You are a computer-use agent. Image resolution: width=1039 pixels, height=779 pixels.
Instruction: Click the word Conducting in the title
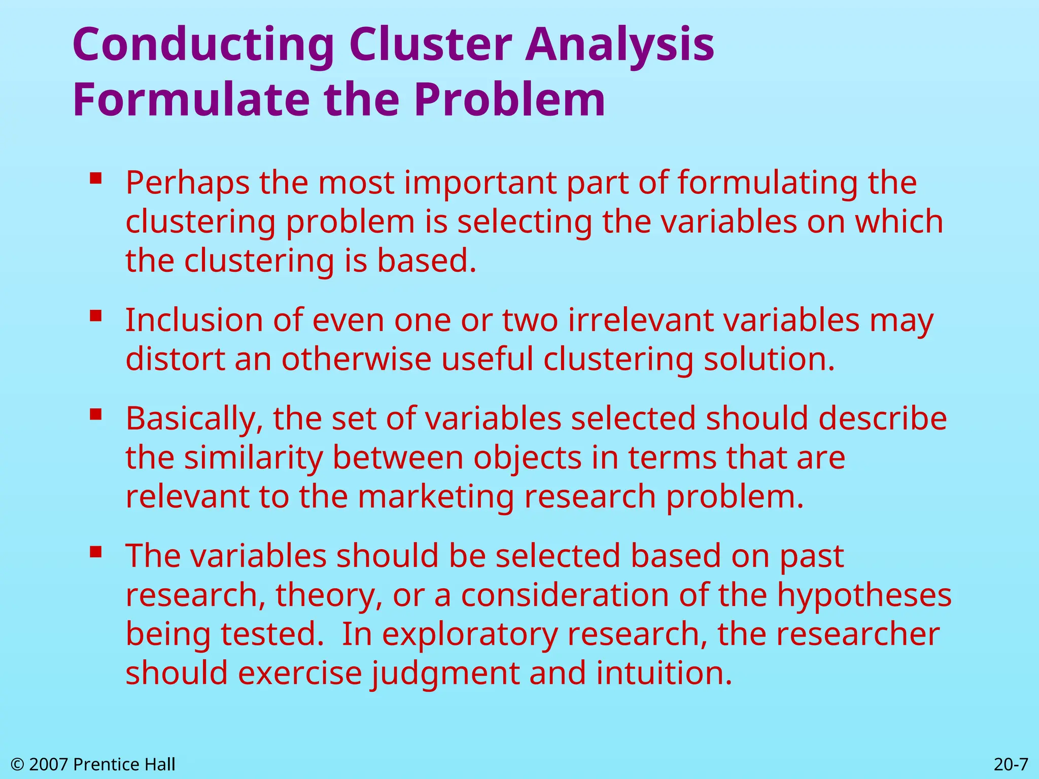pos(203,46)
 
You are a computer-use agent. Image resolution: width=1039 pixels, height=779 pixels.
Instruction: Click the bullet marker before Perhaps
pos(96,179)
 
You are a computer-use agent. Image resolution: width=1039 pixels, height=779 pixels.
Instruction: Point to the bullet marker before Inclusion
pos(96,316)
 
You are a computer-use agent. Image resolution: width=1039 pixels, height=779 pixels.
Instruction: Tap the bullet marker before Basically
pos(96,415)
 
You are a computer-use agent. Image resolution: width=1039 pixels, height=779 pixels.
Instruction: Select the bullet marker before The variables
pos(96,552)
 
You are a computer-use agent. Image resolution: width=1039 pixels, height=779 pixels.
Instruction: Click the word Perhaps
pos(187,184)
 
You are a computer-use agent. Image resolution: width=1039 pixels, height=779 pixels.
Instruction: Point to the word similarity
pos(253,458)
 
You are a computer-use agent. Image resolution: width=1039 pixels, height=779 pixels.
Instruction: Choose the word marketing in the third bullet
pos(436,497)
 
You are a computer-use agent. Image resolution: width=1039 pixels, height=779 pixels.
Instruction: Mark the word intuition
pos(664,674)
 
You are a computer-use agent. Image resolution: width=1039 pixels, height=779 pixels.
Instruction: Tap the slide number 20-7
pos(1011,764)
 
